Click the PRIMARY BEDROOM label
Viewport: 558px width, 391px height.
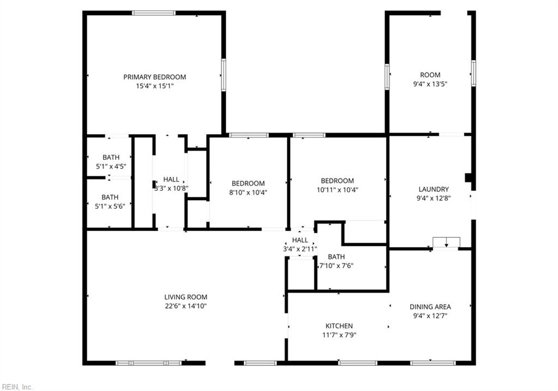(154, 77)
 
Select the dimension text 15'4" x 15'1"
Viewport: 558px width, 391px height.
(154, 86)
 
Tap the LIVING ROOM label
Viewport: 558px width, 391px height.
(186, 297)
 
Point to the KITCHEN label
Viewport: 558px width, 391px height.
(339, 326)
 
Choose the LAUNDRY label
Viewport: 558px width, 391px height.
(433, 189)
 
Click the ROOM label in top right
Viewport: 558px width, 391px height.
(430, 75)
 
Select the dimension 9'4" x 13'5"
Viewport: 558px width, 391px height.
(430, 84)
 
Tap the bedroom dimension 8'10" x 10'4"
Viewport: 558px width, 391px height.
(248, 193)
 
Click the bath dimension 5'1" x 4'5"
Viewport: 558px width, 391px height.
(111, 166)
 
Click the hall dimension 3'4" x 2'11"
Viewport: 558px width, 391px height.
(300, 249)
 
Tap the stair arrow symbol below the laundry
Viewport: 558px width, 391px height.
(446, 243)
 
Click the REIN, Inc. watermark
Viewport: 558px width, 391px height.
(17, 387)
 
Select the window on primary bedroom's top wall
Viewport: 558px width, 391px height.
(154, 13)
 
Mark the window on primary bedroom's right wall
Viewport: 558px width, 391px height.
(223, 75)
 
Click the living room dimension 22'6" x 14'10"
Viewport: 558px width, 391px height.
(186, 306)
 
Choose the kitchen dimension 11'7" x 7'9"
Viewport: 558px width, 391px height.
(339, 335)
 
